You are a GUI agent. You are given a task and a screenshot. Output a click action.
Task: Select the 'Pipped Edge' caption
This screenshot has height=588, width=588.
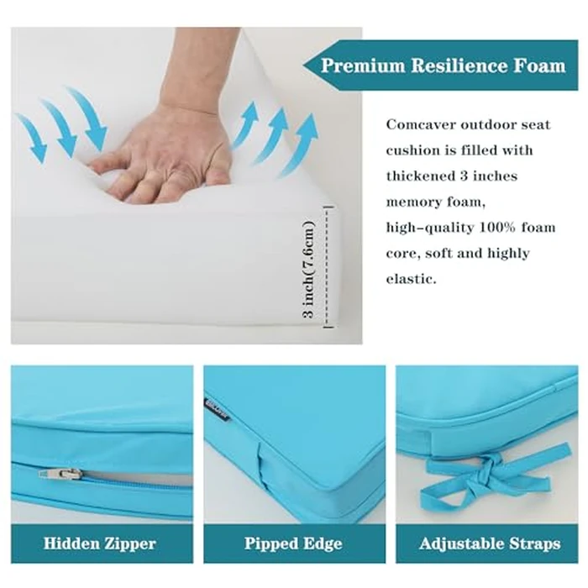tap(294, 543)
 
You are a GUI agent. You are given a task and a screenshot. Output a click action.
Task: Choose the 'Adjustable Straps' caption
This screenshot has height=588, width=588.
tap(489, 543)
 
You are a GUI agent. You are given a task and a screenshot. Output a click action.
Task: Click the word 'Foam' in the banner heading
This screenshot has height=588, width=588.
tap(537, 66)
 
